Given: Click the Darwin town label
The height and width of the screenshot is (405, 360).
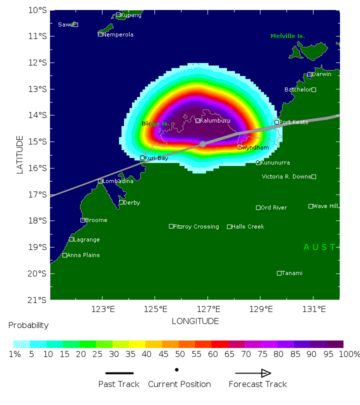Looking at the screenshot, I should click(321, 74).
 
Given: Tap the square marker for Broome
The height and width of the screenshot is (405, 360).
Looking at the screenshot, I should click(83, 220).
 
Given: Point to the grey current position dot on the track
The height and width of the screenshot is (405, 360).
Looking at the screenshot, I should click(202, 144).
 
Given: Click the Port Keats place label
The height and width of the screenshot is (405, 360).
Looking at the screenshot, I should click(293, 122).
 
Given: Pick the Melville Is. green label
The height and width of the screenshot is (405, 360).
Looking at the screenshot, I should click(287, 36).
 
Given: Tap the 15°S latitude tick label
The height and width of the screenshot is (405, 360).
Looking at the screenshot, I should click(38, 141).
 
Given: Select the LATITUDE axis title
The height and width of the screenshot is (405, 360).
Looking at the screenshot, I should click(20, 154).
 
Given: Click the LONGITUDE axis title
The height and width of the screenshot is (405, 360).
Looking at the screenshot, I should click(195, 321).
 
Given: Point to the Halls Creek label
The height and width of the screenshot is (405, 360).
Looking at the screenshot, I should click(247, 226).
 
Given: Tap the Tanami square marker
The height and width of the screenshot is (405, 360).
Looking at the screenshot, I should click(279, 273).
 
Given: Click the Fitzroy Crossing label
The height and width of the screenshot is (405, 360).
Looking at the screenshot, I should click(196, 226).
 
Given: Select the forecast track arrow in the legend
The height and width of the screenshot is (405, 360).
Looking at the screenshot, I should click(253, 373).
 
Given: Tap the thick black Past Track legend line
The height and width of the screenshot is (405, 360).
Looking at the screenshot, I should click(119, 373).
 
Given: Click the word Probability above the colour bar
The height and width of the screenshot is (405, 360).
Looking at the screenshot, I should click(28, 325).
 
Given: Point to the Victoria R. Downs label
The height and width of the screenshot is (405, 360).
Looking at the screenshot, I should click(286, 176).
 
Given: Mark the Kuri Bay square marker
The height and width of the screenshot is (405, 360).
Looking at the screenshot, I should click(142, 157).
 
